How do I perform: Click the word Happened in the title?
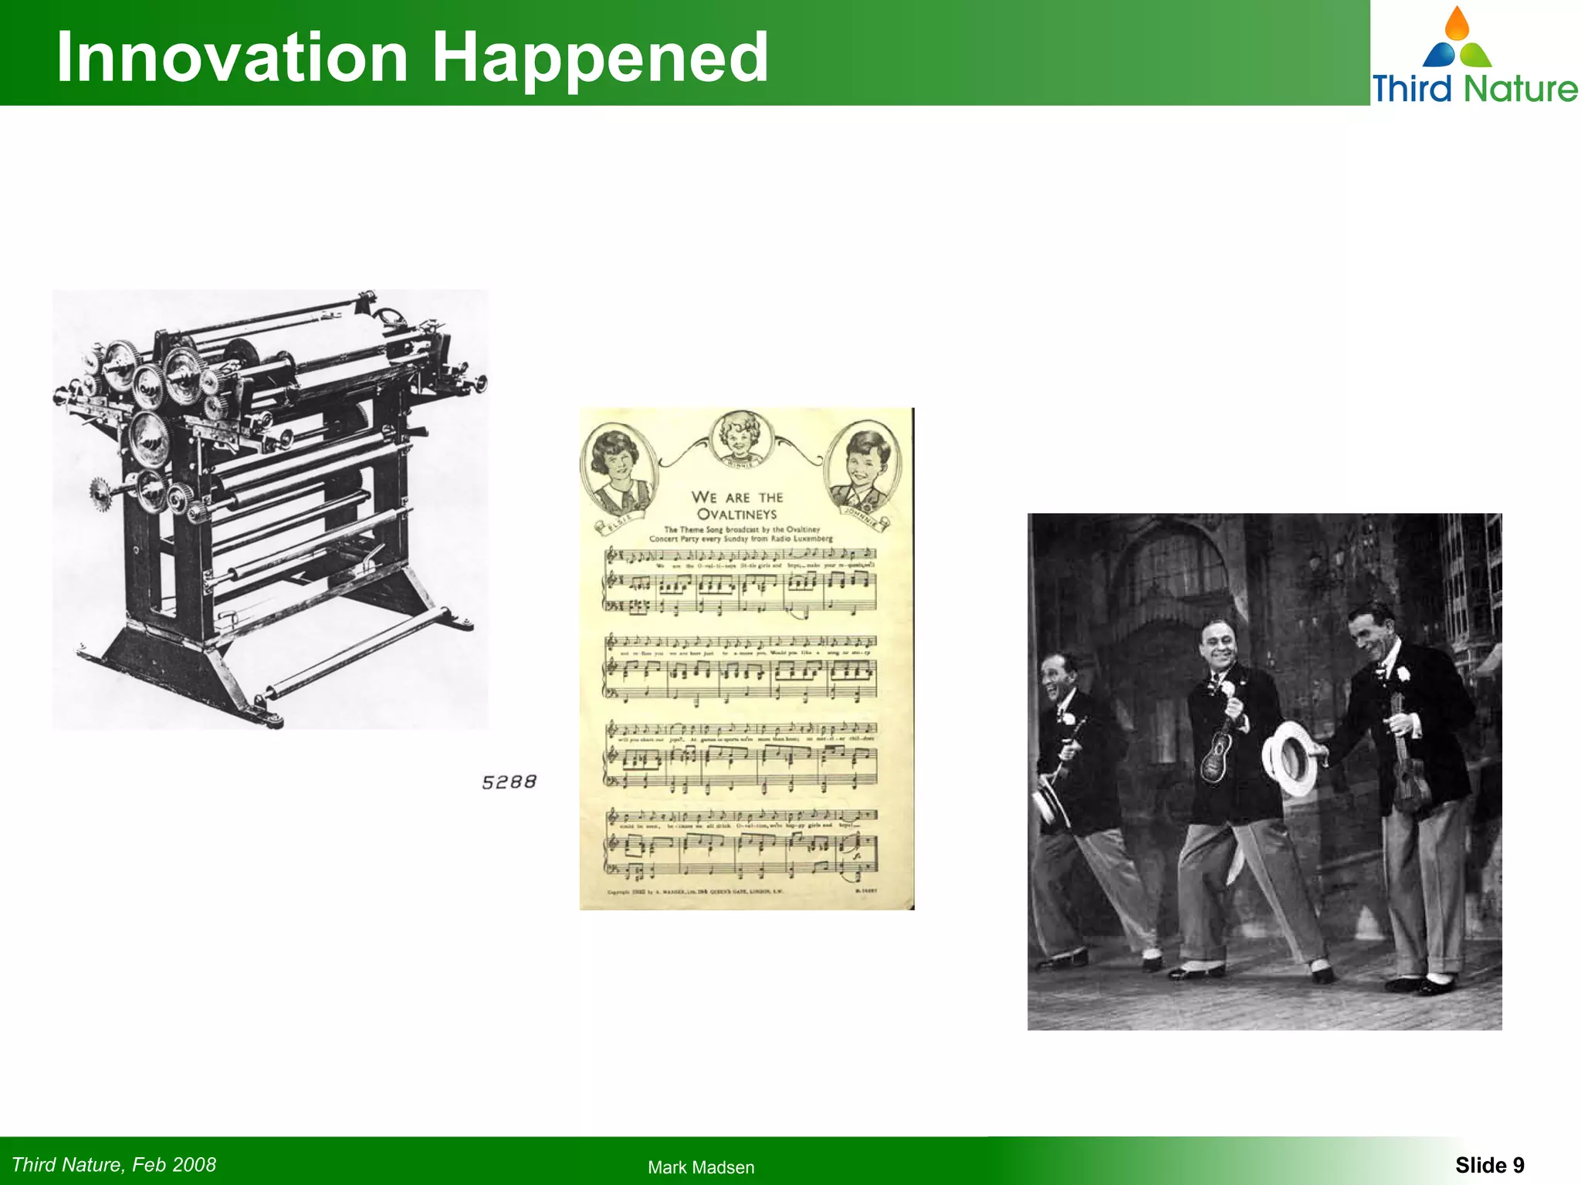click(x=600, y=59)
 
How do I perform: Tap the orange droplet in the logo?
click(x=1457, y=24)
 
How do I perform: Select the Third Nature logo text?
click(x=1474, y=88)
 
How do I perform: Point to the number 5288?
click(x=509, y=782)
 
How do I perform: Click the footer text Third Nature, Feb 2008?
click(x=114, y=1164)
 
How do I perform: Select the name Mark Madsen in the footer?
click(x=701, y=1167)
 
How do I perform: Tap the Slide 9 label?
click(x=1489, y=1165)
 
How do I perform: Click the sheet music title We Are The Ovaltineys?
click(x=737, y=505)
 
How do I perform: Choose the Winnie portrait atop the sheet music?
click(x=740, y=437)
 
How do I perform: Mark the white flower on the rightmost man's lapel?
click(x=1403, y=674)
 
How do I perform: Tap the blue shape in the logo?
click(x=1439, y=55)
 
